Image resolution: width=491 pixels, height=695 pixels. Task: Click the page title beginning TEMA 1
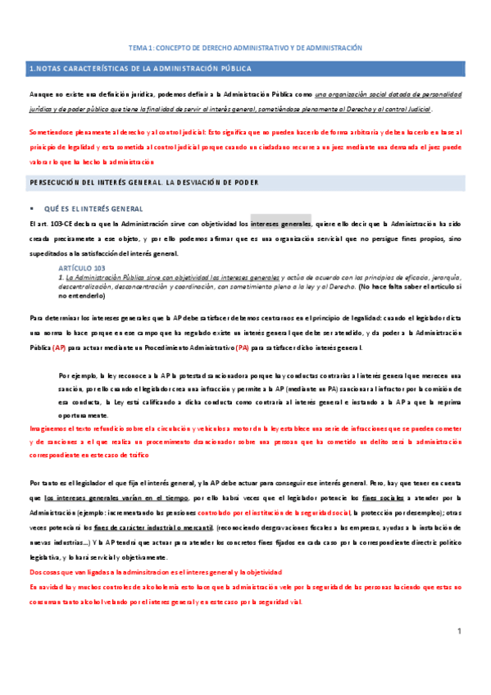pos(246,48)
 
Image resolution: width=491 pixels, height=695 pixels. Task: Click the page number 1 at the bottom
pos(461,653)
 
